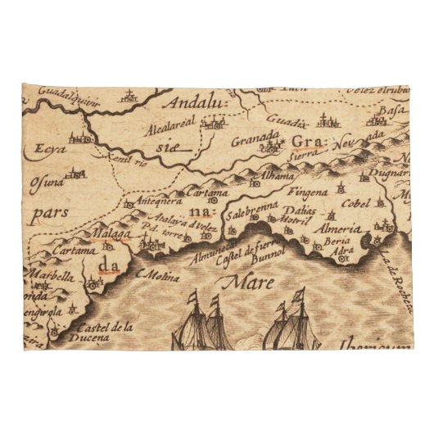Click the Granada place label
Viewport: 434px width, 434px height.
pyautogui.click(x=255, y=141)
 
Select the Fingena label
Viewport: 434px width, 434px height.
pyautogui.click(x=310, y=192)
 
